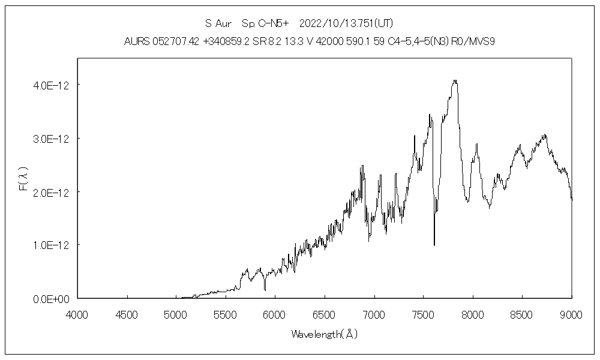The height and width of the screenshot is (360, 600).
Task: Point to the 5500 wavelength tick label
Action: tap(225, 314)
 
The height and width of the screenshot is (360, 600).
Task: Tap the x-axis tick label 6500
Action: tap(324, 314)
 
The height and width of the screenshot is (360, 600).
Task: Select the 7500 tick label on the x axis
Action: tap(423, 314)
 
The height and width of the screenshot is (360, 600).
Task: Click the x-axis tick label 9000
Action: tap(572, 314)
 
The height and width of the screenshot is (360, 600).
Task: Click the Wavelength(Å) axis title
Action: tap(324, 334)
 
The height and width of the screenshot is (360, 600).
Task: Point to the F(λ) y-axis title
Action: tap(23, 179)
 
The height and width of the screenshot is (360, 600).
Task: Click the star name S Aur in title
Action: tap(218, 24)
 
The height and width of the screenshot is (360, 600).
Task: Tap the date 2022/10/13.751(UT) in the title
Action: tap(346, 24)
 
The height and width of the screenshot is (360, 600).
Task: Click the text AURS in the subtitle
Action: tap(137, 41)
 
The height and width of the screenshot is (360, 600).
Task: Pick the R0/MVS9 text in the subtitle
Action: tap(473, 41)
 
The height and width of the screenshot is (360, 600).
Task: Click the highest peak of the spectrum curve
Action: tap(455, 80)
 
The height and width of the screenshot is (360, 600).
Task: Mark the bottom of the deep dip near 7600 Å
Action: tap(434, 245)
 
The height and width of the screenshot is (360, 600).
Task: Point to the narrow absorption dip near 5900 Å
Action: tap(265, 290)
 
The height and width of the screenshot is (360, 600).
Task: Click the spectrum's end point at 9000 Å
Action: tap(572, 199)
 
